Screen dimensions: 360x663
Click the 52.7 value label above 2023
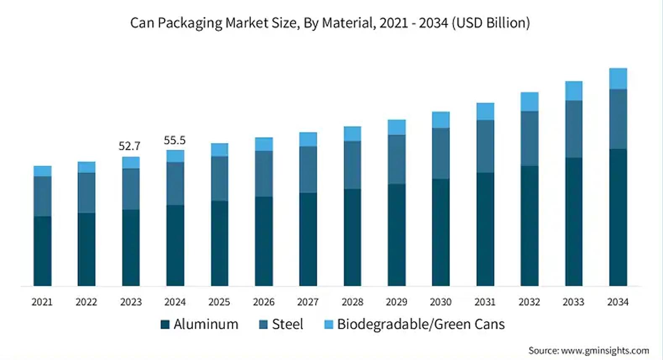coord(129,146)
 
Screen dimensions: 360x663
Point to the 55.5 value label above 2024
coord(175,140)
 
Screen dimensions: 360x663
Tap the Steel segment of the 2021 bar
coord(42,196)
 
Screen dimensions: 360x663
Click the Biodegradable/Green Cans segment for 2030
coord(440,120)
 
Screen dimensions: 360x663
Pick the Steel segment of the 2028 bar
coord(352,165)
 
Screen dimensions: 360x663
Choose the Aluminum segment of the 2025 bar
coord(219,243)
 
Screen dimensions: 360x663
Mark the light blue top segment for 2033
coord(574,91)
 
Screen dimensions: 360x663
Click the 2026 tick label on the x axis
coord(264,302)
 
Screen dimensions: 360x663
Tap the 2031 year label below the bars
coord(485,302)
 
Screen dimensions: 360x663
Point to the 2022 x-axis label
coord(86,302)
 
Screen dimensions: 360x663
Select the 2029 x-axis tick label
coord(396,302)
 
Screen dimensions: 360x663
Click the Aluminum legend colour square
coord(165,324)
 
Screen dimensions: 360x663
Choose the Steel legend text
coord(288,324)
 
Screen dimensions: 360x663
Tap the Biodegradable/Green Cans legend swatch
coord(329,324)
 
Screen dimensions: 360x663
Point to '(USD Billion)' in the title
coord(491,23)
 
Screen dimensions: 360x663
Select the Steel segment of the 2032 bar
coord(529,138)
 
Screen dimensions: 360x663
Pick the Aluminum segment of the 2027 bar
coord(308,239)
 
